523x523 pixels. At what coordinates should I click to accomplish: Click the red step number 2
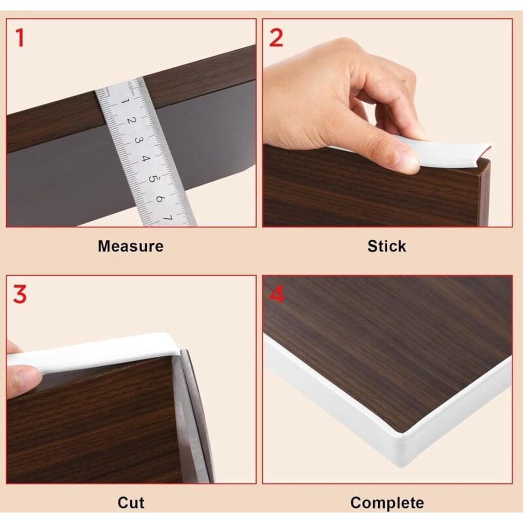[276, 38]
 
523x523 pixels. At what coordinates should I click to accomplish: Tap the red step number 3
[20, 295]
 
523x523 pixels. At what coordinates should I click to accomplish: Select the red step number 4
[277, 295]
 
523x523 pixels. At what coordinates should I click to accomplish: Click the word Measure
[131, 246]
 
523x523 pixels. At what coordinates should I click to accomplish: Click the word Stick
[387, 246]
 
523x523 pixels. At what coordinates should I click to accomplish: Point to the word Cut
[131, 503]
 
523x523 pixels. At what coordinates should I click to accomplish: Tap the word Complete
[387, 503]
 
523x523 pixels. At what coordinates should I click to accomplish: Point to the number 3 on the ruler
[138, 140]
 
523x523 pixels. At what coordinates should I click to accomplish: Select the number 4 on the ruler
[145, 159]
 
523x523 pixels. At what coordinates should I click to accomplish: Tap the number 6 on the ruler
[160, 198]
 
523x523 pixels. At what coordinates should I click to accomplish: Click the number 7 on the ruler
[168, 218]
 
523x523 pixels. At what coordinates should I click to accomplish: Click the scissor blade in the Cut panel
[190, 418]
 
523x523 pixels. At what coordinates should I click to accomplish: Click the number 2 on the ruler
[131, 121]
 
